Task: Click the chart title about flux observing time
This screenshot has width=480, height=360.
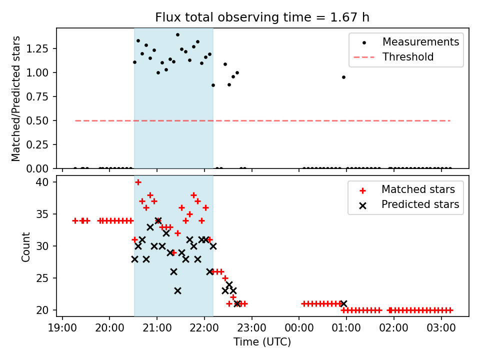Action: (262, 17)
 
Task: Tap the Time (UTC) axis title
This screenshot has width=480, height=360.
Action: (262, 342)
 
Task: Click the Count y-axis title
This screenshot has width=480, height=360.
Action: (26, 246)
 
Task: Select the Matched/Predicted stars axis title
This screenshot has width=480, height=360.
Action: (16, 98)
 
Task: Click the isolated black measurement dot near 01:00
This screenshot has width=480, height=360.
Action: (343, 77)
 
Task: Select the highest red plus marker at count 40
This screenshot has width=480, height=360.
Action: (138, 182)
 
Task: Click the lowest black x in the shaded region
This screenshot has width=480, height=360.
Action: (177, 290)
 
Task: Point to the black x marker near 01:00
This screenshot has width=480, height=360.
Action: (343, 303)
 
